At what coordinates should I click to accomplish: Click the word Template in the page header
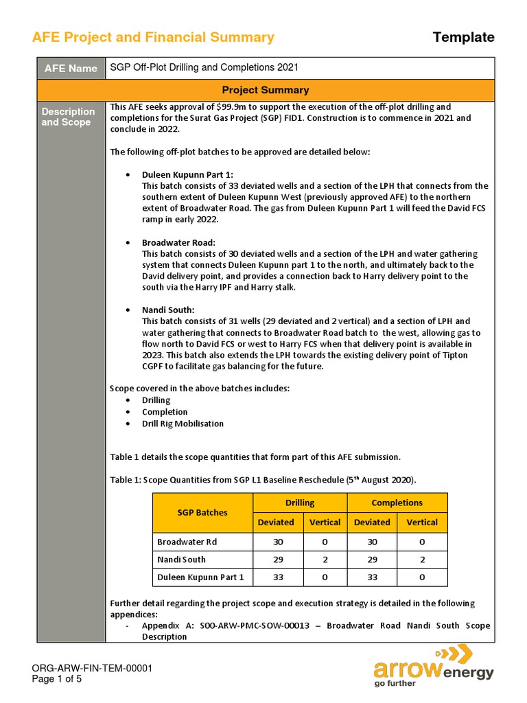(463, 37)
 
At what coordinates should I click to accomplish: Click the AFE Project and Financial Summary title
(153, 38)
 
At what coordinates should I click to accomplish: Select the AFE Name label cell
(71, 68)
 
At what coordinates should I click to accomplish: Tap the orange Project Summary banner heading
(265, 90)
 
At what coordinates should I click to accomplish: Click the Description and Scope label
(68, 117)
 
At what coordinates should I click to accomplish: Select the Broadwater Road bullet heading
(178, 242)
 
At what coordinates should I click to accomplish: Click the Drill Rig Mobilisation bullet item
(183, 424)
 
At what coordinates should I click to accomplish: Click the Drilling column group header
(300, 503)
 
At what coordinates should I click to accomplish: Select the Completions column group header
(397, 503)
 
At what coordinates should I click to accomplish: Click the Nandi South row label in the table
(181, 559)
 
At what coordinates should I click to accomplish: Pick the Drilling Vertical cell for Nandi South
(325, 559)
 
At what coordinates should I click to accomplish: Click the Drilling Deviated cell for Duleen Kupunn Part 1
(278, 577)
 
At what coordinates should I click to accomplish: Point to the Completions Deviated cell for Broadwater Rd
(372, 541)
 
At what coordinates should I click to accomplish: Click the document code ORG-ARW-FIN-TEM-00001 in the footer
(92, 668)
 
